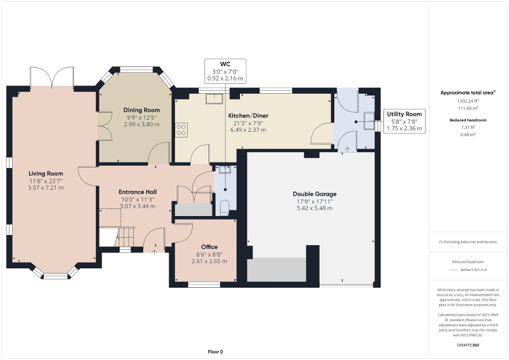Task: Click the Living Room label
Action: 46,173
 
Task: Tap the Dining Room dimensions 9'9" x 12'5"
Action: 142,117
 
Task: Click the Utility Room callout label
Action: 404,114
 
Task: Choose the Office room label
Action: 209,247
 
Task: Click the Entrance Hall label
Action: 137,191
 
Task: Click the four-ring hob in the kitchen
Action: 181,130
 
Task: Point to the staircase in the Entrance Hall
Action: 117,236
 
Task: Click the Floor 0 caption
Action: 215,352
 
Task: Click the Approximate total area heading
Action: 468,93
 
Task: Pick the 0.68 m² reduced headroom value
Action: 468,134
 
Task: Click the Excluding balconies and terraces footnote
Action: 468,242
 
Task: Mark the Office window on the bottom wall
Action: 204,285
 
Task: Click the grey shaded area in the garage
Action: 277,269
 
